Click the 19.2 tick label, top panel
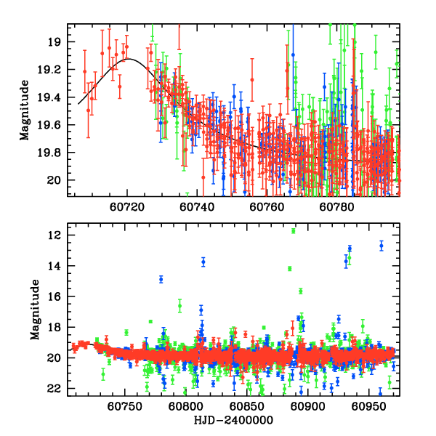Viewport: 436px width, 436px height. click(54, 70)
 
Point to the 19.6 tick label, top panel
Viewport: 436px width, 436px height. click(54, 125)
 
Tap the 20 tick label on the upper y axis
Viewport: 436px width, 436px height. click(58, 180)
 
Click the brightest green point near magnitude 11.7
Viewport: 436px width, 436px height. click(294, 231)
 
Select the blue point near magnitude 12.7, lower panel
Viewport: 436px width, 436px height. click(381, 246)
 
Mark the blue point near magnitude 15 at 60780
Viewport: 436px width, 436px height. click(161, 279)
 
